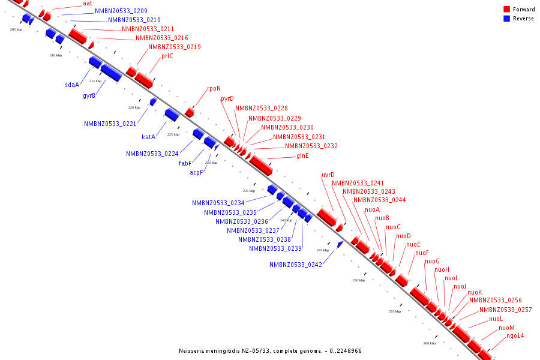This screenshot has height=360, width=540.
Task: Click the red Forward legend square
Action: (506, 10)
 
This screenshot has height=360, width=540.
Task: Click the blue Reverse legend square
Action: (506, 19)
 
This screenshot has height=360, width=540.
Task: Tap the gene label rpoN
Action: (214, 89)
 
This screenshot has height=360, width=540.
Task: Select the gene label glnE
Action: (302, 156)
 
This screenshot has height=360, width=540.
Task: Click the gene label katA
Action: (148, 137)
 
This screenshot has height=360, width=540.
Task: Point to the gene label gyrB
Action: (89, 95)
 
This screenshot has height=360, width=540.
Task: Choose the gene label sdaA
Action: (72, 85)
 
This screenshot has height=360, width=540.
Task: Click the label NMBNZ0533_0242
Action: (296, 265)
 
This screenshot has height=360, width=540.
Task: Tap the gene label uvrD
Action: (328, 175)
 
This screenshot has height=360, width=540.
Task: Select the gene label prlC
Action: (167, 56)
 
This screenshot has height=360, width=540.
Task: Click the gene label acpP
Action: (197, 172)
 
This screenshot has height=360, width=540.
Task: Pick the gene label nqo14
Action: (515, 336)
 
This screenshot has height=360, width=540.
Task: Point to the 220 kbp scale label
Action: (134, 107)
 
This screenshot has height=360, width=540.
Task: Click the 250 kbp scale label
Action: (358, 280)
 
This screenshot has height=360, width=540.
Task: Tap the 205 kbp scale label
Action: (16, 29)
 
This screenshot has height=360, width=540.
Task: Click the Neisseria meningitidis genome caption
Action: (270, 351)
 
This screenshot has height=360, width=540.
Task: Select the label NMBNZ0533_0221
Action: (110, 124)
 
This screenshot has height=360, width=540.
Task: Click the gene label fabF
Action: (185, 163)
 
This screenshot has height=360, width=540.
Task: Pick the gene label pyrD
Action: (227, 98)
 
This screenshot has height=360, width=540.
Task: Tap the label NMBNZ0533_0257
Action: (505, 310)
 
